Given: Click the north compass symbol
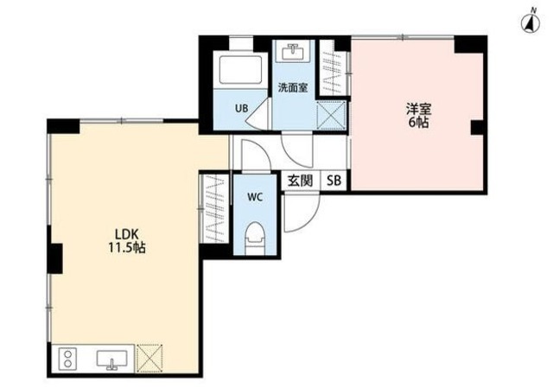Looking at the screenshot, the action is pyautogui.click(x=531, y=23).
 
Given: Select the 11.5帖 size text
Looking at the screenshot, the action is pyautogui.click(x=127, y=248).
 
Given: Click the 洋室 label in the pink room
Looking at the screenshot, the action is pyautogui.click(x=418, y=109).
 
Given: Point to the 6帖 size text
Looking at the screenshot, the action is pyautogui.click(x=418, y=123).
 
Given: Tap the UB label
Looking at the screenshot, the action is pyautogui.click(x=242, y=108).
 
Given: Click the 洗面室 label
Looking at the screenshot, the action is pyautogui.click(x=293, y=87).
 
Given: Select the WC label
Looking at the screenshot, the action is pyautogui.click(x=255, y=197).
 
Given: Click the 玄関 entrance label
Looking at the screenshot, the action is pyautogui.click(x=301, y=181).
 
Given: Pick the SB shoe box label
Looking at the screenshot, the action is pyautogui.click(x=334, y=181).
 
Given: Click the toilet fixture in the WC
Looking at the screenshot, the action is pyautogui.click(x=255, y=239).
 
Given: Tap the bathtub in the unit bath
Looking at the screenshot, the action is pyautogui.click(x=241, y=69).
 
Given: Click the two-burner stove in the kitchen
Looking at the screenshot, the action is pyautogui.click(x=67, y=358).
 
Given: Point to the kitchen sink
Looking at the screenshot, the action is pyautogui.click(x=111, y=359).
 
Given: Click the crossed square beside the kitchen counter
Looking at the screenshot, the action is pyautogui.click(x=149, y=358).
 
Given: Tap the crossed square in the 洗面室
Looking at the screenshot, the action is pyautogui.click(x=331, y=116).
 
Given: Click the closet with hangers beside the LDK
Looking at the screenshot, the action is pyautogui.click(x=214, y=208).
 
